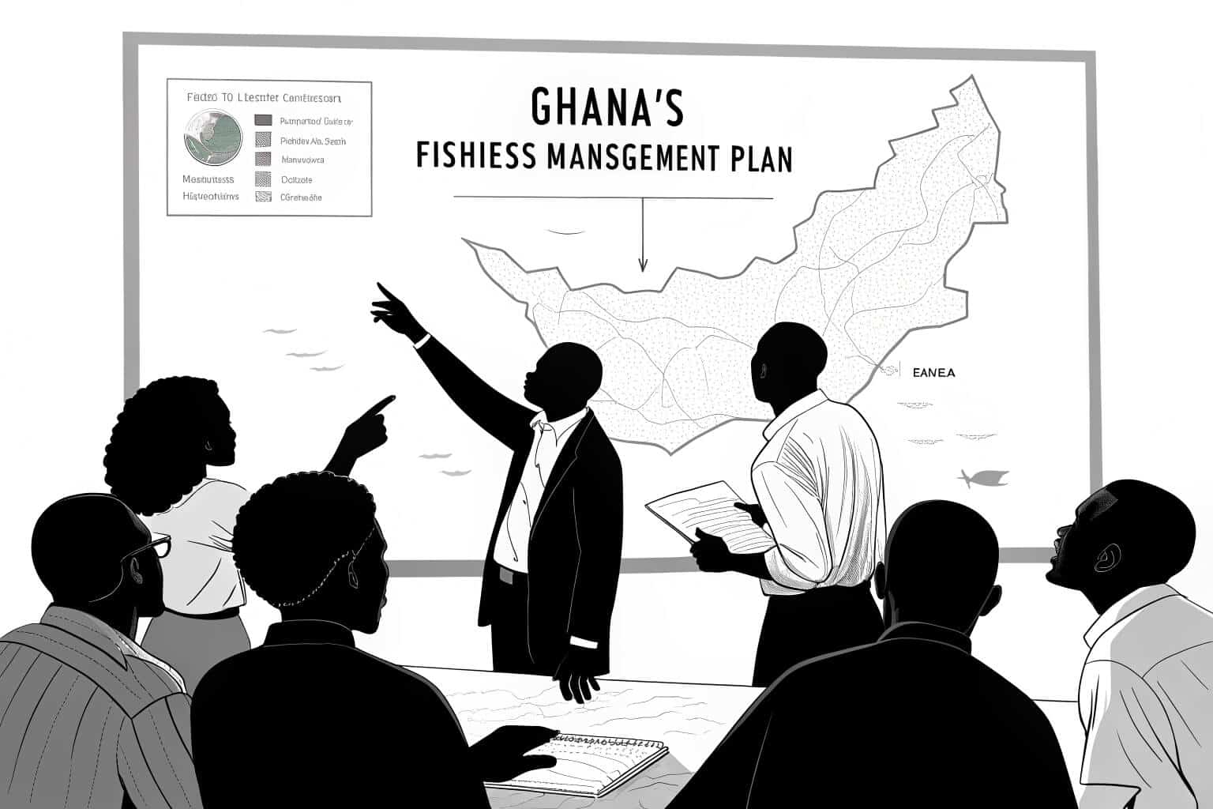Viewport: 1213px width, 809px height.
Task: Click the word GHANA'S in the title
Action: click(x=606, y=107)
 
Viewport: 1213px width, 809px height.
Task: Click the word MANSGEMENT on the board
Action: click(x=629, y=158)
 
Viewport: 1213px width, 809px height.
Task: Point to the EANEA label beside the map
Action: click(x=933, y=372)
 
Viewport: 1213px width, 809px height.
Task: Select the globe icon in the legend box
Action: click(x=213, y=137)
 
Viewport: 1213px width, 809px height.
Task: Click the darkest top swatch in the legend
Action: click(x=264, y=121)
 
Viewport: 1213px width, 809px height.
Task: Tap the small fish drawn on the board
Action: click(x=982, y=478)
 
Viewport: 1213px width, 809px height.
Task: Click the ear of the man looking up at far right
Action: click(x=1104, y=558)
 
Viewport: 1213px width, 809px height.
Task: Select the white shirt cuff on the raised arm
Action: click(x=422, y=341)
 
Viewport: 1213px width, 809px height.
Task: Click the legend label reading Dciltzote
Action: click(x=297, y=179)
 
